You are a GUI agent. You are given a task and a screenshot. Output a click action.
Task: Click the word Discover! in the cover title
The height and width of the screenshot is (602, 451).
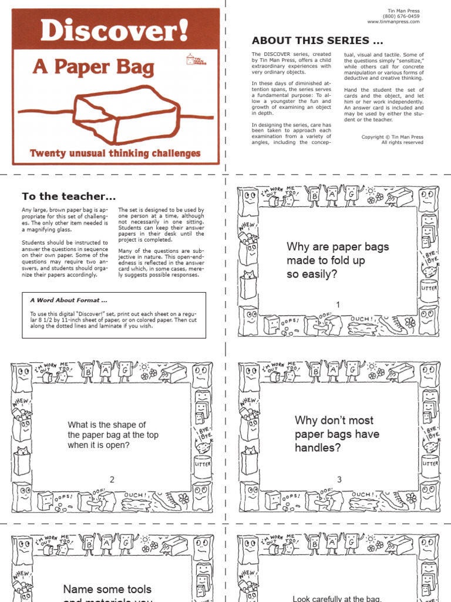click(x=115, y=30)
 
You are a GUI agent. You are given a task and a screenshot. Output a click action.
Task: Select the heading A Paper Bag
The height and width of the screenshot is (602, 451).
click(x=94, y=67)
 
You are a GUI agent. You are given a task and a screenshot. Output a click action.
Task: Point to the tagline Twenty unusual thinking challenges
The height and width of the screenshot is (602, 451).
click(x=115, y=154)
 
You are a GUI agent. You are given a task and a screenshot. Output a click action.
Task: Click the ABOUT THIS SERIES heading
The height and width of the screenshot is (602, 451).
click(x=318, y=41)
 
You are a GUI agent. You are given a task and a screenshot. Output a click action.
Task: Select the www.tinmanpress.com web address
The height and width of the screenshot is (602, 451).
click(x=393, y=22)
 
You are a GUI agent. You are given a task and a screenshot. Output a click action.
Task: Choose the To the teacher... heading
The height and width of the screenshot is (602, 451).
click(x=69, y=196)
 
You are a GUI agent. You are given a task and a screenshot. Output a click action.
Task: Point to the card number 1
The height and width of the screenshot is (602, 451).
click(x=338, y=304)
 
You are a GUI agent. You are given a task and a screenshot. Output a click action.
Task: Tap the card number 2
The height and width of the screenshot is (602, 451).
click(x=112, y=480)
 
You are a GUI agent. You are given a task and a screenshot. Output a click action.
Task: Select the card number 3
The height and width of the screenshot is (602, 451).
click(x=339, y=480)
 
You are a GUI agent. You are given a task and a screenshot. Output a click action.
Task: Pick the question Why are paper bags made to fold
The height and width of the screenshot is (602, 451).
click(x=337, y=260)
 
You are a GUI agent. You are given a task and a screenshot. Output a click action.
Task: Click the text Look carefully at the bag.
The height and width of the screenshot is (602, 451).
click(x=337, y=598)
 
